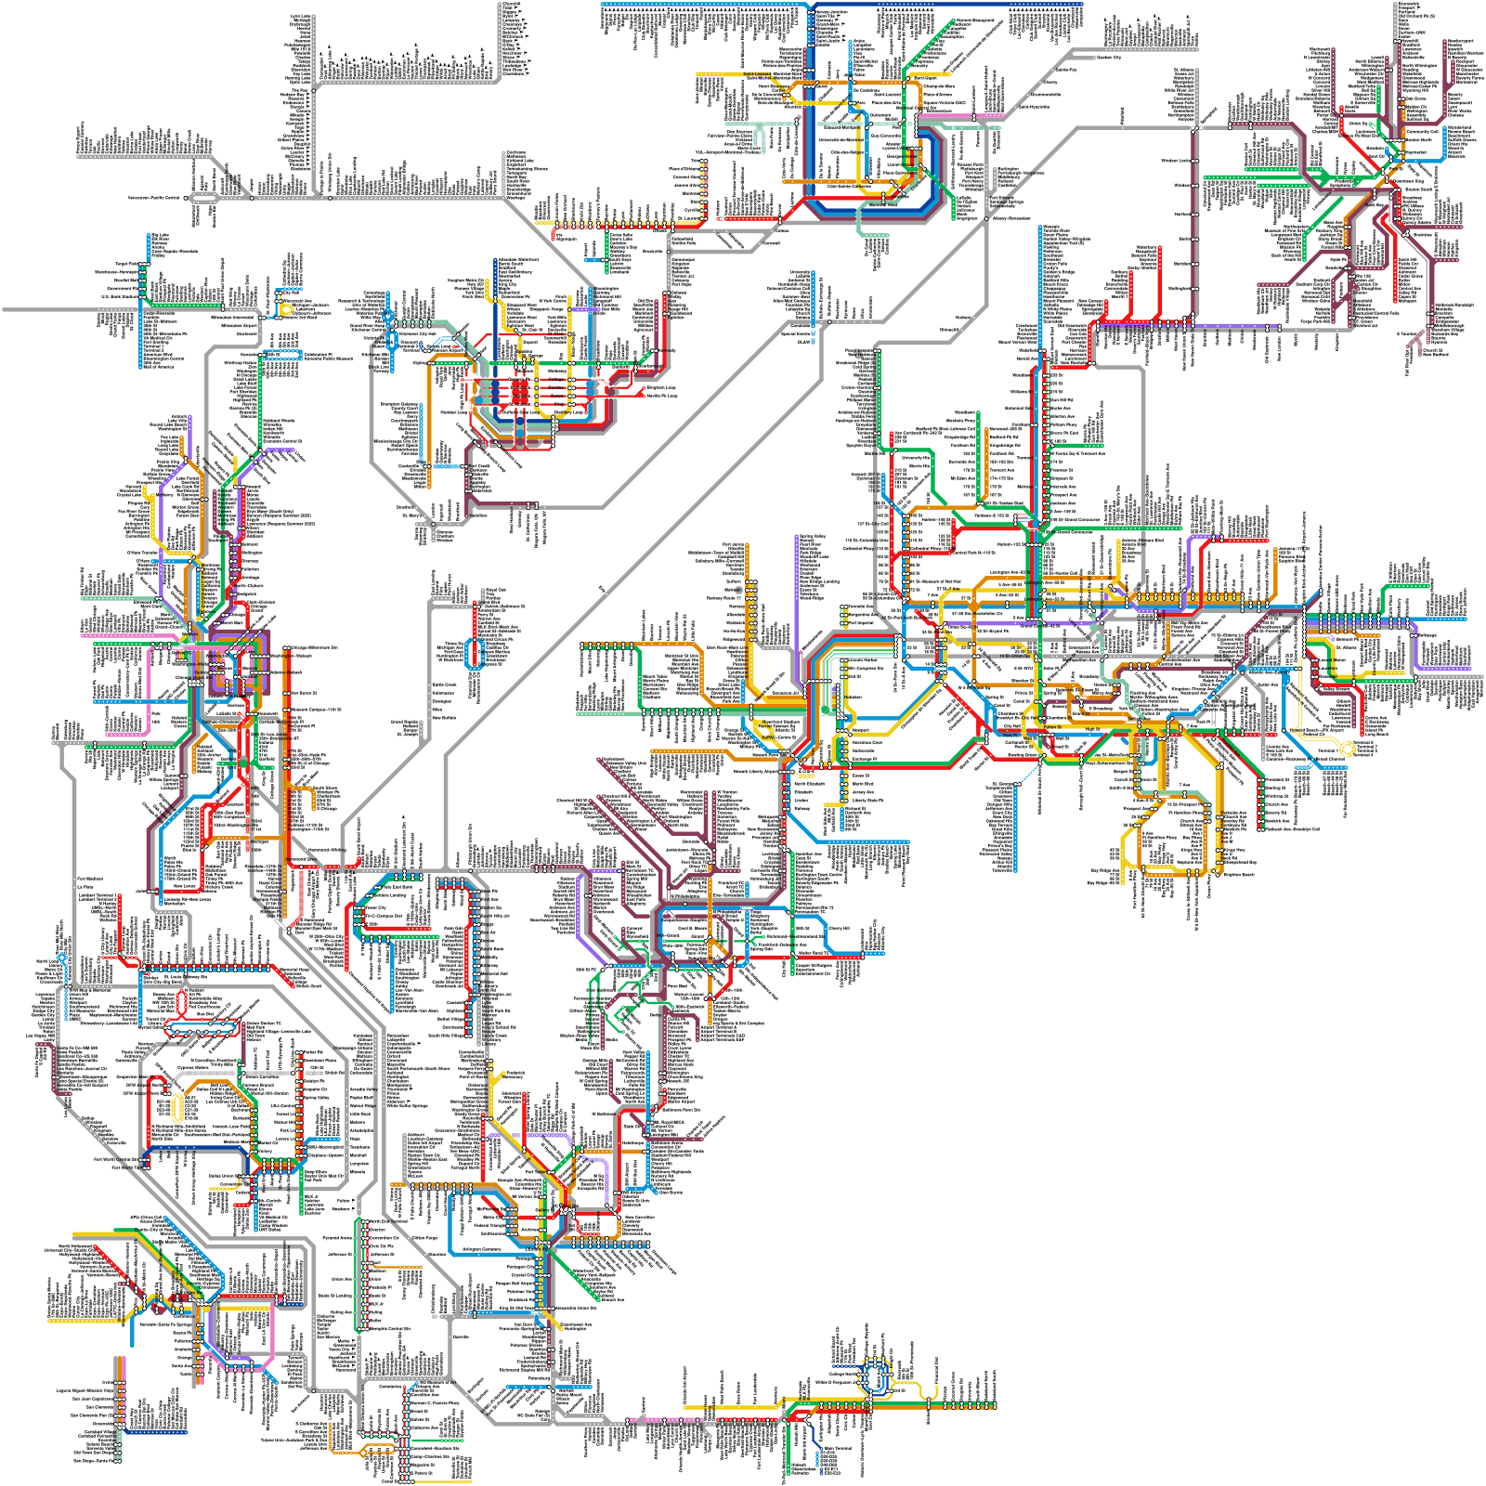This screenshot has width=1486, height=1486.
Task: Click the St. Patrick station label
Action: point(520,387)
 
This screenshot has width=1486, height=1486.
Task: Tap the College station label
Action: point(556,379)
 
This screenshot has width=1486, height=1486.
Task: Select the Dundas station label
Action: point(556,387)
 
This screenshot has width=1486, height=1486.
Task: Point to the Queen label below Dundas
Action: point(557,396)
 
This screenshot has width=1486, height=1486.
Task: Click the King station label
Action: point(559,404)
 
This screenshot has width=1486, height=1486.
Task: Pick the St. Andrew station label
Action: point(519,404)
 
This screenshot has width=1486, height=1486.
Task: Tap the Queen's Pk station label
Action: point(519,379)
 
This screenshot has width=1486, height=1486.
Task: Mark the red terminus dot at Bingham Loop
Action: point(644,387)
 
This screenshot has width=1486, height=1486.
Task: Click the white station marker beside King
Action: point(571,404)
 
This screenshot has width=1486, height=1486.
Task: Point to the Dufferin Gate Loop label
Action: point(520,412)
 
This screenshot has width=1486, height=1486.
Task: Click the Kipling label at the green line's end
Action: point(420,362)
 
